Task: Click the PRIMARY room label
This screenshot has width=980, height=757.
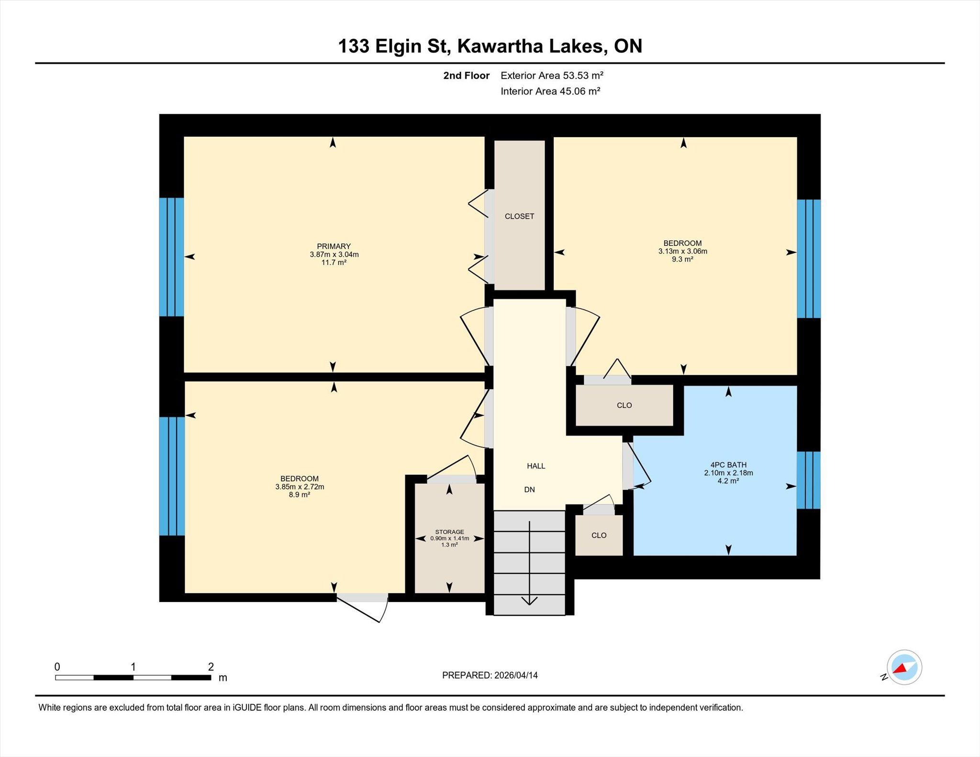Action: pyautogui.click(x=334, y=246)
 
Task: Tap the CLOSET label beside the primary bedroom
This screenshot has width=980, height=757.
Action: pyautogui.click(x=519, y=216)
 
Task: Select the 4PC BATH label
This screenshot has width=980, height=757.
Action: pyautogui.click(x=728, y=465)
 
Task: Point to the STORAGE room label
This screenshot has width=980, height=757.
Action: pyautogui.click(x=449, y=532)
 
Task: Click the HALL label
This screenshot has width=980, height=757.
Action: pyautogui.click(x=536, y=466)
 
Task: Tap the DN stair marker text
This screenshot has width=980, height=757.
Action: pyautogui.click(x=529, y=490)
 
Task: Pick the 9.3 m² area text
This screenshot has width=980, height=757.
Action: pyautogui.click(x=682, y=259)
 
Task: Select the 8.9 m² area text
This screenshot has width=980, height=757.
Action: pyautogui.click(x=299, y=495)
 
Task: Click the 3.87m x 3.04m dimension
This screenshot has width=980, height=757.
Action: pyautogui.click(x=334, y=254)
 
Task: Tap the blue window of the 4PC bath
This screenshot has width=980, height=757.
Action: pyautogui.click(x=808, y=480)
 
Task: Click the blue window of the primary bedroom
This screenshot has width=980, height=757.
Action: pyautogui.click(x=171, y=257)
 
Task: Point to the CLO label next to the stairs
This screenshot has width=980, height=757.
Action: pyautogui.click(x=599, y=536)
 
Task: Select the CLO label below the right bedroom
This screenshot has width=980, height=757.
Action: pyautogui.click(x=624, y=406)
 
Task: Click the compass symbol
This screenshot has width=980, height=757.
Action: pyautogui.click(x=904, y=668)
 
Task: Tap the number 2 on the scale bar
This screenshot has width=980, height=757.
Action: pyautogui.click(x=211, y=667)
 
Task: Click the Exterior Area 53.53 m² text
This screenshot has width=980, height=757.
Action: pyautogui.click(x=552, y=76)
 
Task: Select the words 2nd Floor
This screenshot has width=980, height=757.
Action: pyautogui.click(x=466, y=76)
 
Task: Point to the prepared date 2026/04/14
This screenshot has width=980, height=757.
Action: pyautogui.click(x=516, y=675)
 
